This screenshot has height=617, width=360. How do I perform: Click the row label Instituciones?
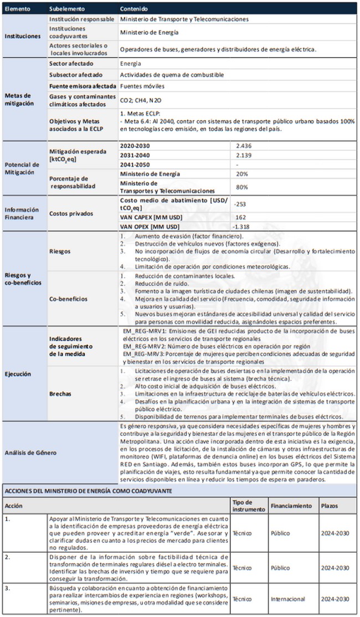click(23, 36)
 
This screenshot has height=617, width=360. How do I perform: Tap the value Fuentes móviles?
click(142, 86)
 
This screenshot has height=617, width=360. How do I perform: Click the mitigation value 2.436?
click(244, 145)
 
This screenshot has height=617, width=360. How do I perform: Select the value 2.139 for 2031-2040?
click(244, 155)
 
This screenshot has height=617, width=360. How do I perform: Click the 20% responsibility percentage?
click(241, 174)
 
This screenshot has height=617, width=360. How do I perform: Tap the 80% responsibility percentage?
click(241, 187)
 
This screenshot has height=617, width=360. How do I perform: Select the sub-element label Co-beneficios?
click(68, 299)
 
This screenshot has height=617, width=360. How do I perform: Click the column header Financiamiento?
click(290, 506)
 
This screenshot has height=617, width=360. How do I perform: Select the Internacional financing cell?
click(288, 599)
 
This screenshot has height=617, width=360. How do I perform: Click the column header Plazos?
click(329, 506)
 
